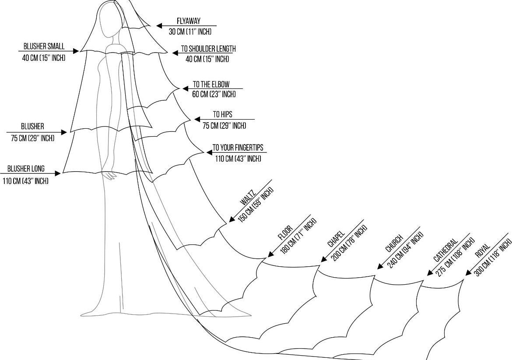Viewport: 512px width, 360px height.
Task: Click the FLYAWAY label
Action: click(189, 21)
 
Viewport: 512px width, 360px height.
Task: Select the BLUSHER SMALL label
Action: click(44, 46)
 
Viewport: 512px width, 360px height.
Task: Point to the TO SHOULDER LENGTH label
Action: click(208, 49)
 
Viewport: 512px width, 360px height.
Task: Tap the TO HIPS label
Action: click(223, 115)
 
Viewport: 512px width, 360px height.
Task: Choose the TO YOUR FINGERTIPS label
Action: click(238, 148)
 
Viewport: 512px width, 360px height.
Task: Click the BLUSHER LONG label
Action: click(26, 169)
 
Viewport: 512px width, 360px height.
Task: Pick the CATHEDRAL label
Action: click(445, 250)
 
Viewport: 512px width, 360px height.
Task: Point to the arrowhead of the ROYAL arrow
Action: click(467, 273)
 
